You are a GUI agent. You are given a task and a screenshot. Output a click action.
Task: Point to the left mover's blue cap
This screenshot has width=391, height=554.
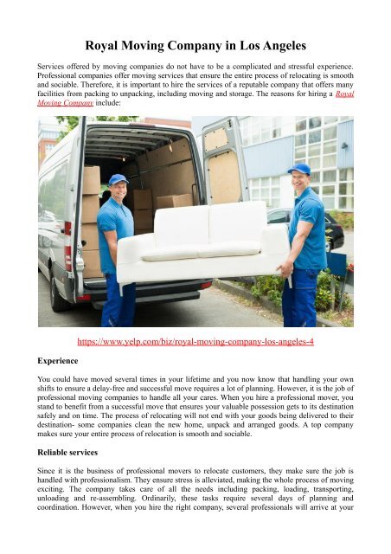pos(118,179)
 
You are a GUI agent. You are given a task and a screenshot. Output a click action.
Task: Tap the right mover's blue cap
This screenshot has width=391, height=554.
pos(298,169)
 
